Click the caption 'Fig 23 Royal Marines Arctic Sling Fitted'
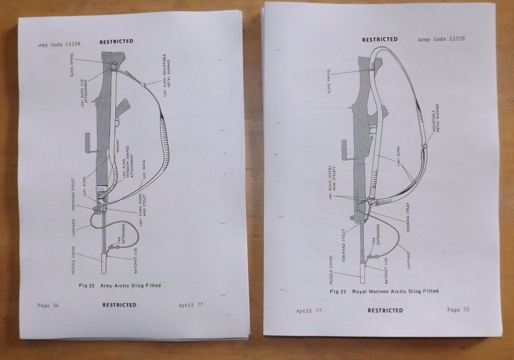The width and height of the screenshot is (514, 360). click(x=384, y=291)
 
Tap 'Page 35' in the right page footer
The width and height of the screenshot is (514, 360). click(x=458, y=310)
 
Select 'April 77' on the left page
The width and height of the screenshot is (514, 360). click(x=191, y=305)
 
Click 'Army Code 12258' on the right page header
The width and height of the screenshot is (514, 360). click(x=441, y=39)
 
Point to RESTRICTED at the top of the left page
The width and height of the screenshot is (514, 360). click(x=116, y=41)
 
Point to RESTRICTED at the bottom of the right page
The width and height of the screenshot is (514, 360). click(x=385, y=310)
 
